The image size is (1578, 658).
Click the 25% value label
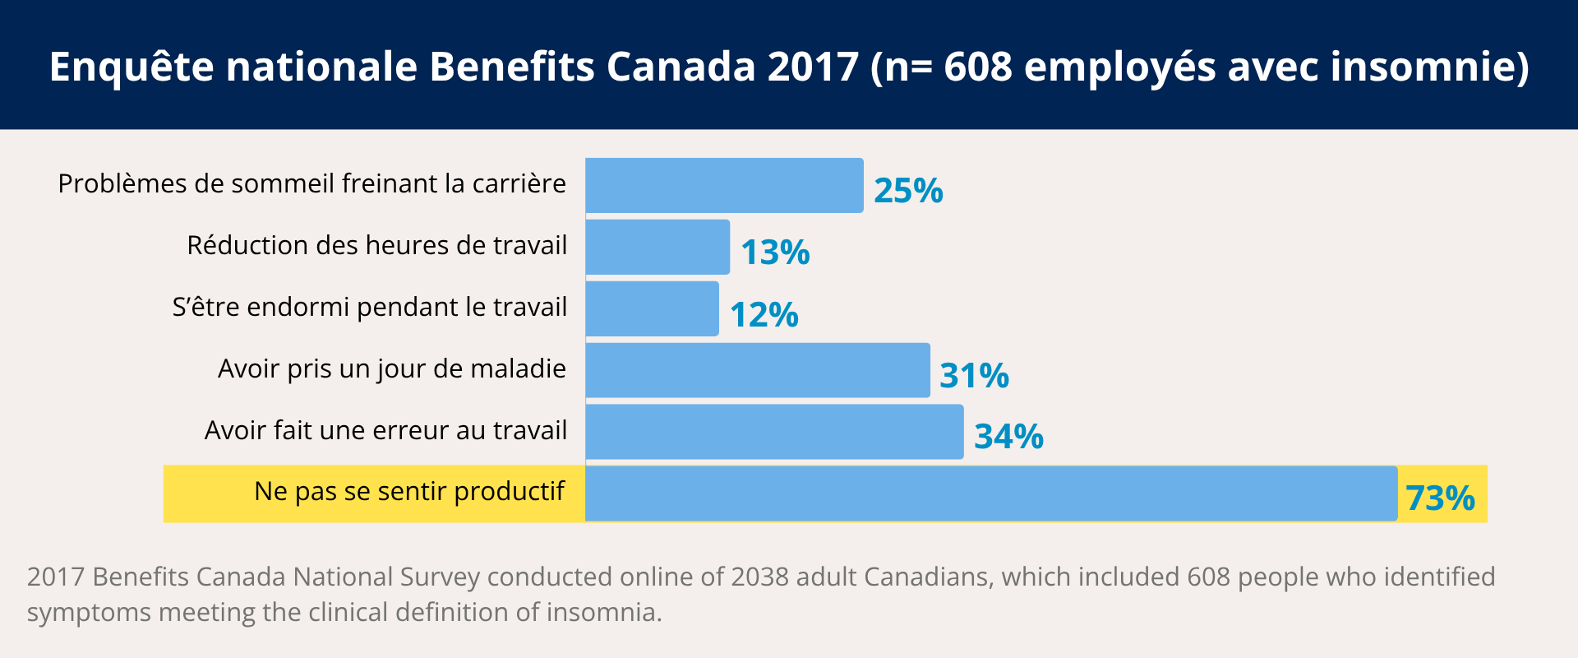pyautogui.click(x=908, y=190)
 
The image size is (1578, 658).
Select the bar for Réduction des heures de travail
pyautogui.click(x=657, y=247)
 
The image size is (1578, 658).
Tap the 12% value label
pyautogui.click(x=764, y=314)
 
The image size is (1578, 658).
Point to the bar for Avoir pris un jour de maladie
pyautogui.click(x=757, y=370)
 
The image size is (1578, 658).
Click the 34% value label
pyautogui.click(x=1008, y=436)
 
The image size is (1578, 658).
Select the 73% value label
pyautogui.click(x=1440, y=498)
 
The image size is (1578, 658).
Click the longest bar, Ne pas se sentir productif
pyautogui.click(x=990, y=493)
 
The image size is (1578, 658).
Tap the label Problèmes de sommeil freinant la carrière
pyautogui.click(x=311, y=183)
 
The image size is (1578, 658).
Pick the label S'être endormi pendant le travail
pyautogui.click(x=369, y=307)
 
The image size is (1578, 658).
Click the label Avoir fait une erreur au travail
pyautogui.click(x=385, y=430)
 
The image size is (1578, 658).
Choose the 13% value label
pyautogui.click(x=775, y=252)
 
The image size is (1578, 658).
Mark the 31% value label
pyautogui.click(x=974, y=375)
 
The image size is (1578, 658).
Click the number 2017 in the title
pyautogui.click(x=813, y=67)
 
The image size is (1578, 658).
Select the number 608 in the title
pyautogui.click(x=978, y=67)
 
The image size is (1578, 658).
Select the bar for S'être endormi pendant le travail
pyautogui.click(x=652, y=308)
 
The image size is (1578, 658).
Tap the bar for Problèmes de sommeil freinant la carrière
pyautogui.click(x=724, y=185)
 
